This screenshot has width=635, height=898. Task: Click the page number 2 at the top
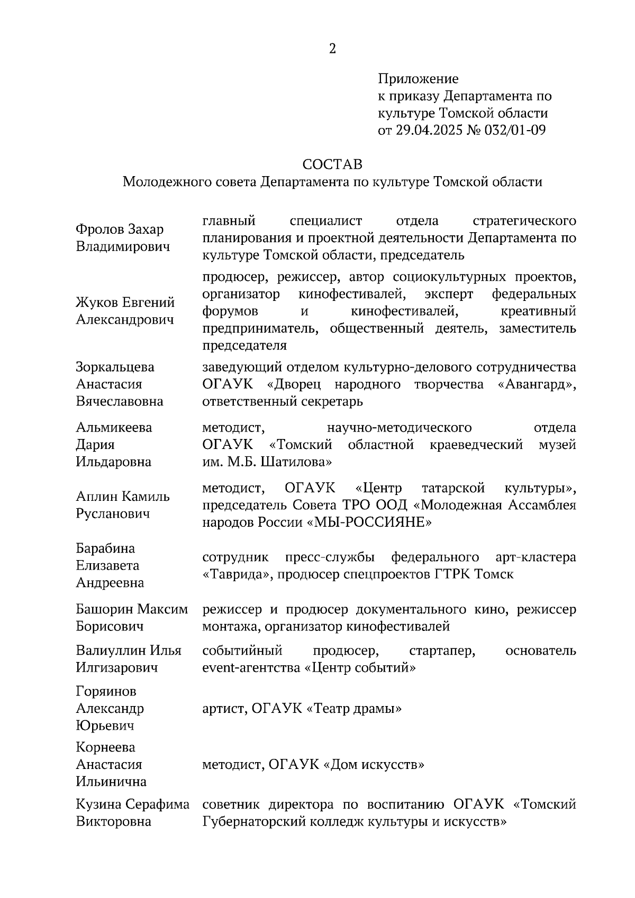pos(332,49)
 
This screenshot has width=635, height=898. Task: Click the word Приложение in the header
pos(418,79)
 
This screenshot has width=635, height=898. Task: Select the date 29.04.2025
pos(428,130)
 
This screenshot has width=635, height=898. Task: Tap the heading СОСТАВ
pos(332,164)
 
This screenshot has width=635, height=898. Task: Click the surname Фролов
pos(99,229)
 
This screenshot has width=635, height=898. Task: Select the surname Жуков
pos(97,303)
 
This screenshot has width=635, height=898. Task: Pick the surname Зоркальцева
pos(115,367)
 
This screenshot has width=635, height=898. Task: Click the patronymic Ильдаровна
pos(114,462)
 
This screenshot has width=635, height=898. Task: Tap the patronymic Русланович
pos(113,514)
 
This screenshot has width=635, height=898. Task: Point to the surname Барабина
pos(105,548)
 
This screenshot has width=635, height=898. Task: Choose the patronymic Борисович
pos(110,626)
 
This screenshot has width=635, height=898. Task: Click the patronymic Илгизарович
pos(117,667)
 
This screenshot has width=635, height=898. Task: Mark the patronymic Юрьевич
pos(104,725)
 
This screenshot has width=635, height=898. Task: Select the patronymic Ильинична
pos(111,781)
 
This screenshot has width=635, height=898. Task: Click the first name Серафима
pos(158,804)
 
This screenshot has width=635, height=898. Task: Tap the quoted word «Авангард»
pos(537,384)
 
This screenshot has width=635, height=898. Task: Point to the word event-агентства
pos(252,667)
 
